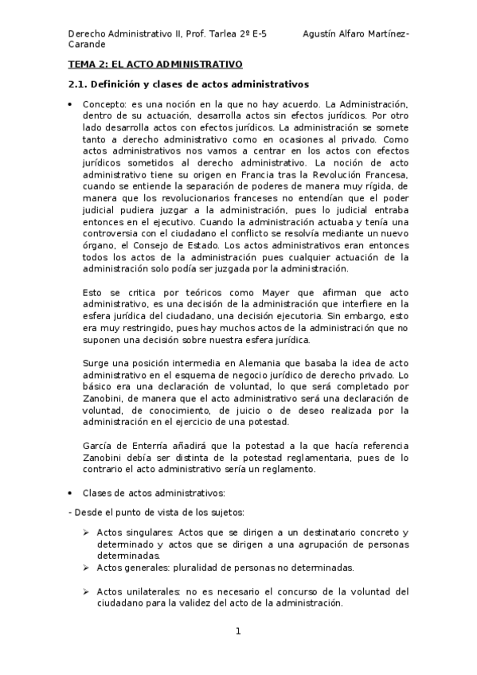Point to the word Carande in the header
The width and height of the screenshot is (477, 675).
[x=83, y=45]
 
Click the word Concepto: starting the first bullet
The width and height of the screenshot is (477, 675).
[x=103, y=104]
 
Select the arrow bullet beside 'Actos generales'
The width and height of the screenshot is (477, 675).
[x=85, y=568]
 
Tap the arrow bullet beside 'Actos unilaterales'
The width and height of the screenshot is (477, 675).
[x=85, y=591]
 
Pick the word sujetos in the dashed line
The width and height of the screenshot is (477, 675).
[x=225, y=511]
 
